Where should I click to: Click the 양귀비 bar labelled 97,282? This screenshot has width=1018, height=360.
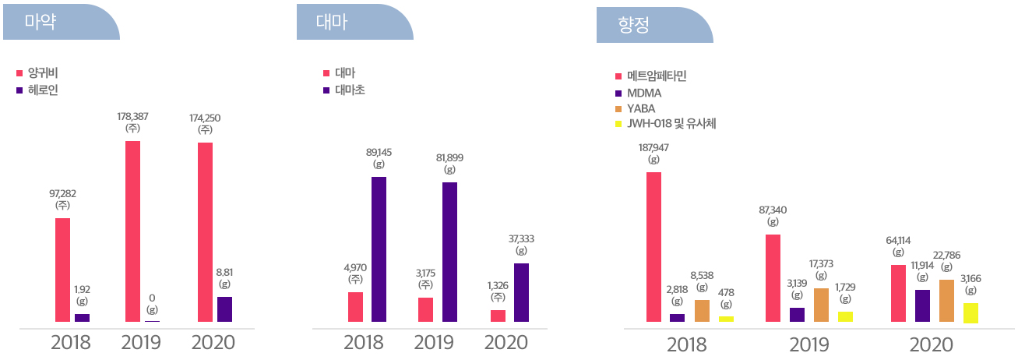tap(62, 270)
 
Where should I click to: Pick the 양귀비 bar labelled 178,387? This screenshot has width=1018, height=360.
tap(132, 231)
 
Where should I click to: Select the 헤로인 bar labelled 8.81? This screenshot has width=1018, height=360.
tap(224, 309)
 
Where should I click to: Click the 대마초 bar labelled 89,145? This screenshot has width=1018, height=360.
tap(379, 249)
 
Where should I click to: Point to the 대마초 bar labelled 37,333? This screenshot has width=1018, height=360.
tap(521, 292)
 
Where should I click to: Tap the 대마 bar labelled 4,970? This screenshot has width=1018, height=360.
tap(355, 306)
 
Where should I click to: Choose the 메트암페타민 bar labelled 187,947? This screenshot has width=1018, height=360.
tap(653, 246)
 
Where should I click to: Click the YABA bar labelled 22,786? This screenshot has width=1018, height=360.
tap(946, 300)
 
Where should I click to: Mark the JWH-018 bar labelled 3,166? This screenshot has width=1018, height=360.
tap(970, 312)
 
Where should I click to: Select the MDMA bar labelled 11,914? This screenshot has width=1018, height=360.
tap(922, 305)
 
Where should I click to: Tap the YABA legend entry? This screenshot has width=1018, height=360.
tap(639, 108)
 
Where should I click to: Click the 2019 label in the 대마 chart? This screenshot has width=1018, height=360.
tap(435, 342)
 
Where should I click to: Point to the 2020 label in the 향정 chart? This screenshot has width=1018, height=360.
tap(931, 345)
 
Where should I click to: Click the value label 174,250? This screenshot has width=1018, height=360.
tap(205, 118)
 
